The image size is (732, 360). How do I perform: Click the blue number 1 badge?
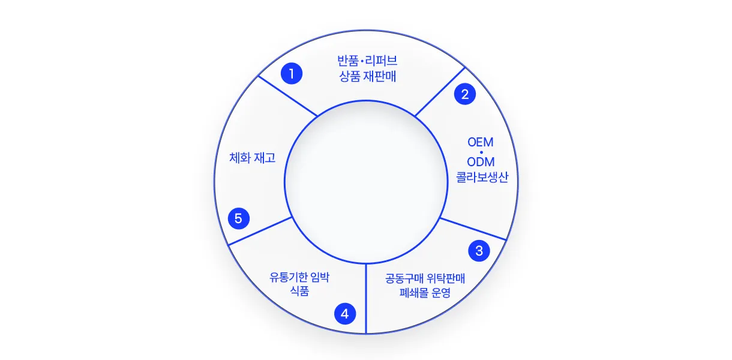tap(292, 74)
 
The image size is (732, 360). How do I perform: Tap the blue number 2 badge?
tap(464, 94)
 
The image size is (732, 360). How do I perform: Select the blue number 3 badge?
tap(479, 251)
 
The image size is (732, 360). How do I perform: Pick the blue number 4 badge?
tap(345, 314)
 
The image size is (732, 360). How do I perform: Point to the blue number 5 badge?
tap(239, 218)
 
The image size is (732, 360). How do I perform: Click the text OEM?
tap(481, 142)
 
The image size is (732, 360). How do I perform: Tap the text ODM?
tap(481, 162)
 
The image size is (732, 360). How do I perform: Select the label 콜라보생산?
tap(482, 177)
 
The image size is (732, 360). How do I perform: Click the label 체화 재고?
tap(252, 158)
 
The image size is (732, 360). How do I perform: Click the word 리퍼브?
tap(381, 61)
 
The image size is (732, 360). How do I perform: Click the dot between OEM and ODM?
tap(481, 152)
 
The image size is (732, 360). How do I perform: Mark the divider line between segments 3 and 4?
tap(366, 298)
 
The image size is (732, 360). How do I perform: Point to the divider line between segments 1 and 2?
tap(440, 92)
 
